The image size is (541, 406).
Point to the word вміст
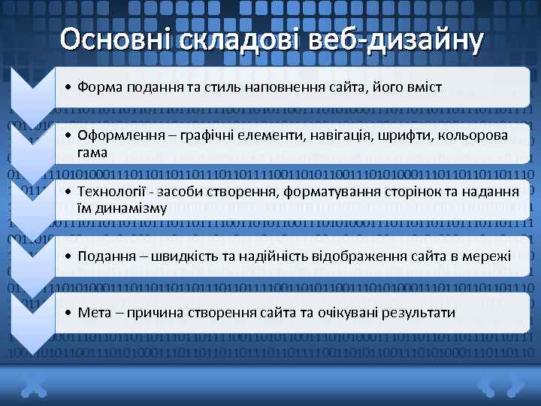pyautogui.click(x=425, y=87)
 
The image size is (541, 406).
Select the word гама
pyautogui.click(x=92, y=153)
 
